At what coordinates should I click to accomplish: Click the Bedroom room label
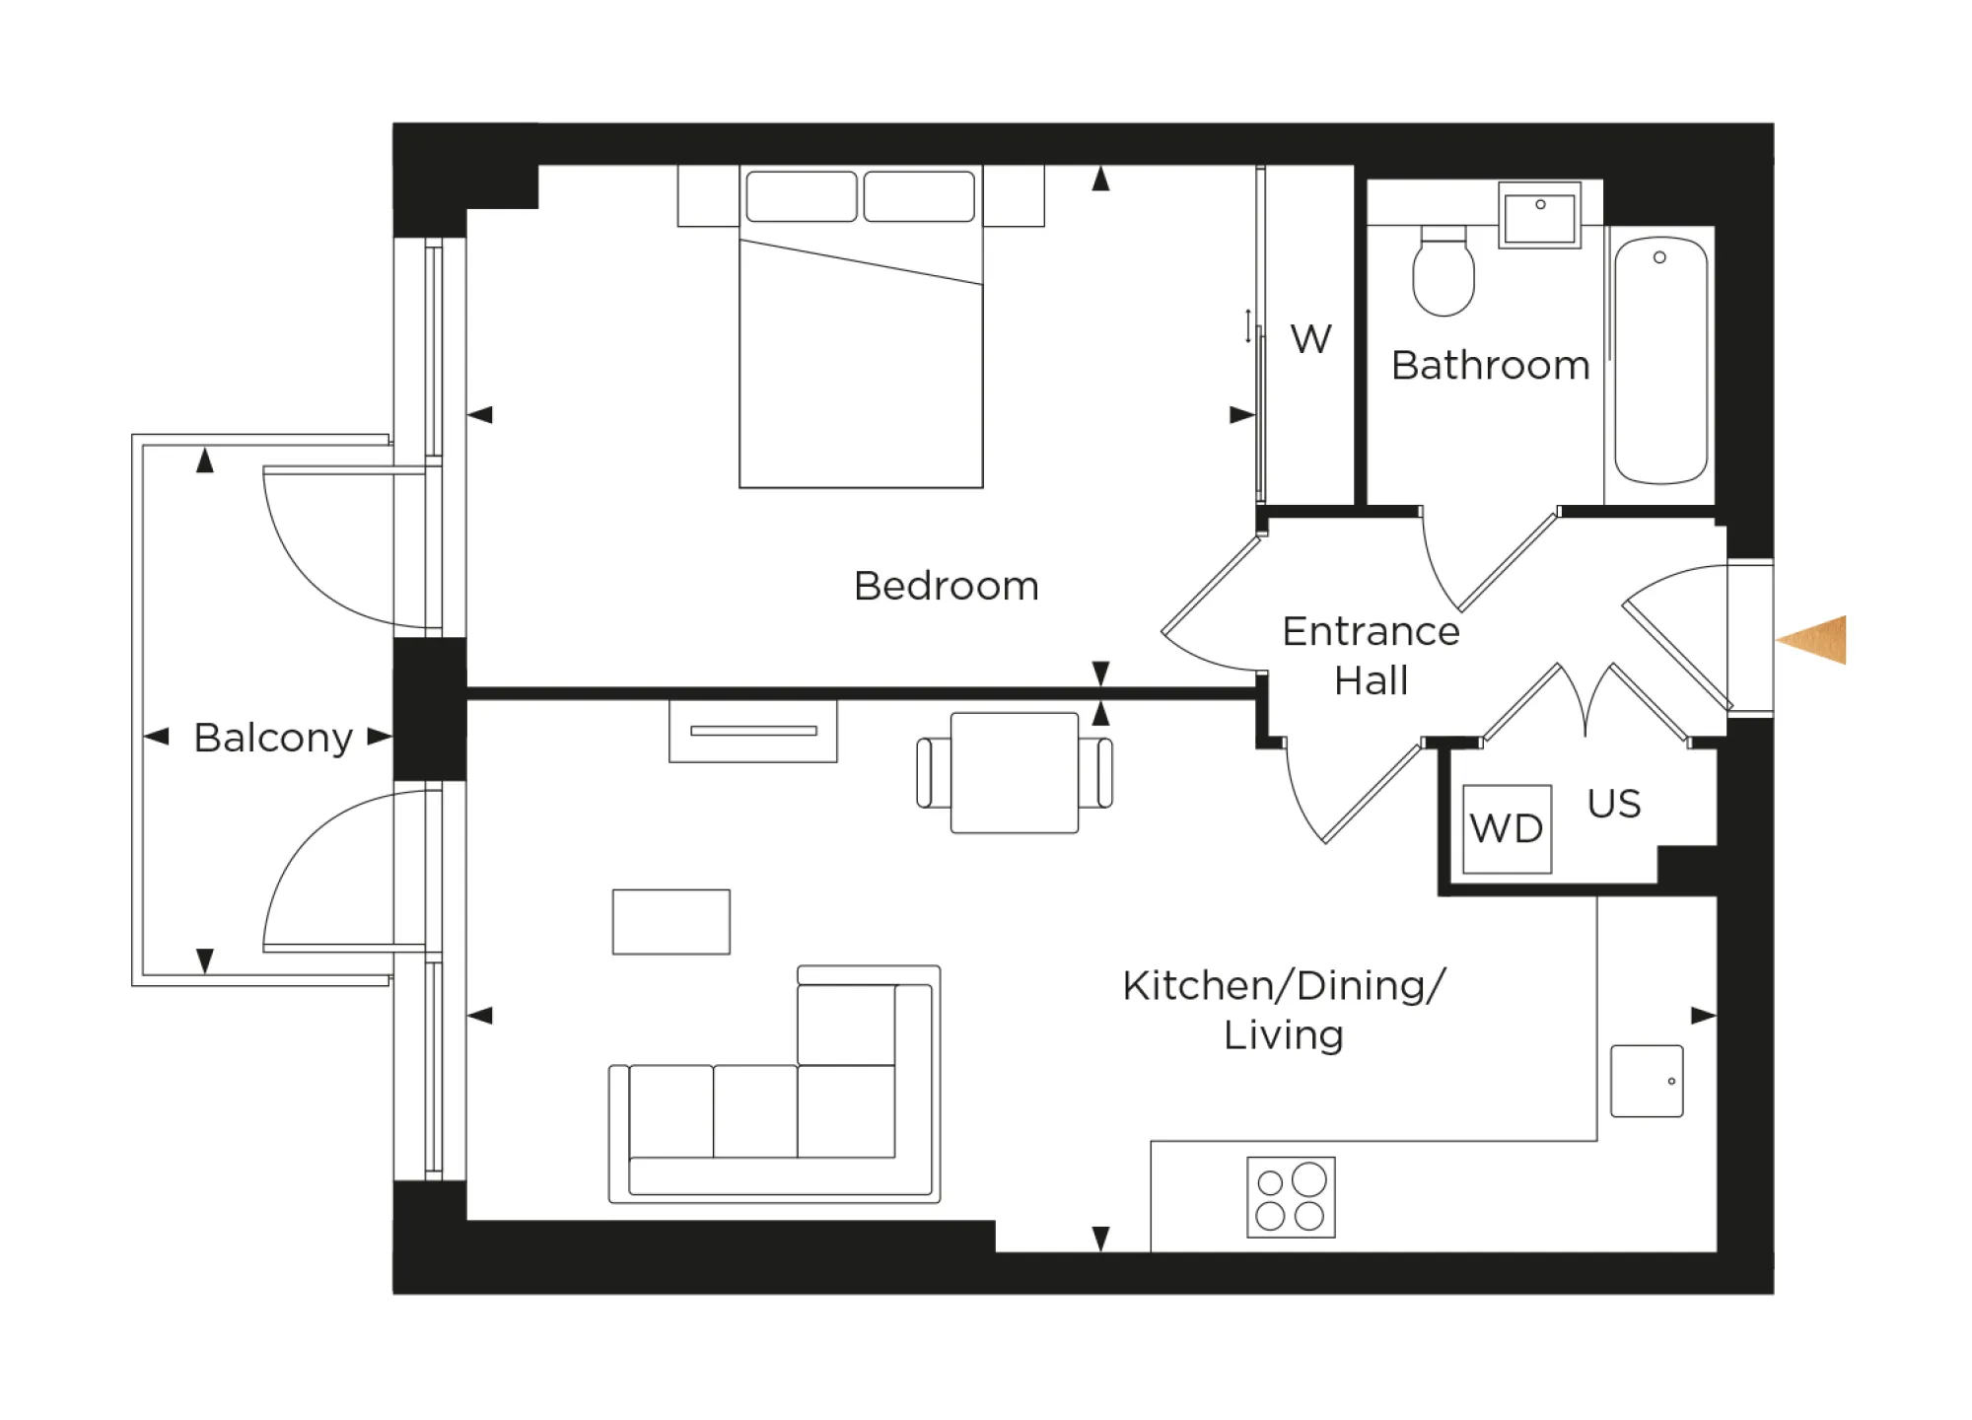(x=946, y=586)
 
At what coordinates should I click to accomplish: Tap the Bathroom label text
(x=1490, y=366)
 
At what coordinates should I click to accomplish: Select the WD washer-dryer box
(x=1507, y=828)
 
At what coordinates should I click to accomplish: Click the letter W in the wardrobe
(x=1310, y=339)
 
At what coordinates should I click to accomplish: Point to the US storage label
(x=1614, y=804)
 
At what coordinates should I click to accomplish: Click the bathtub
(x=1660, y=360)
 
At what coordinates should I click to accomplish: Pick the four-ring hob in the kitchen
(x=1291, y=1197)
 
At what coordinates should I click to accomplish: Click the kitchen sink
(x=1647, y=1081)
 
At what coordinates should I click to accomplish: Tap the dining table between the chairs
(x=1014, y=772)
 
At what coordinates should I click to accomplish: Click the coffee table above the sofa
(x=670, y=922)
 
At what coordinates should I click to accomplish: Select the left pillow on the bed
(x=801, y=196)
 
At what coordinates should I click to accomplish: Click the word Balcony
(x=273, y=738)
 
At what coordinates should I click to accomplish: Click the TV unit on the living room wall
(x=752, y=731)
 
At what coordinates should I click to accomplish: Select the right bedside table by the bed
(x=1015, y=195)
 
